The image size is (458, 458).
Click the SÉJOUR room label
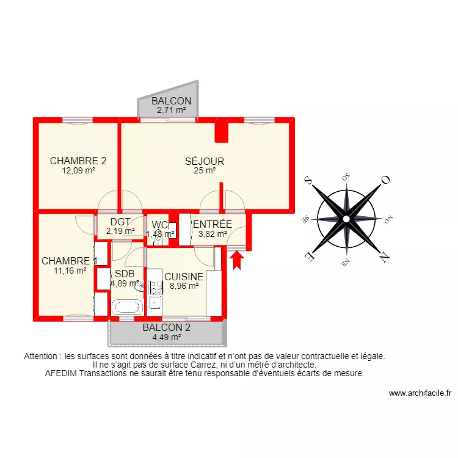pos(205,162)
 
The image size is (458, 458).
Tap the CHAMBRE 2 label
pos(78,161)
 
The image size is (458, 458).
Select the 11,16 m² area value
pos(68,271)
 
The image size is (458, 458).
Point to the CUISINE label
pos(184,277)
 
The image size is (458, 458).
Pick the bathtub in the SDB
pos(127,307)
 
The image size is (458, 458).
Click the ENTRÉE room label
pos(213,224)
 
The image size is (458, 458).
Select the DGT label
pos(120,222)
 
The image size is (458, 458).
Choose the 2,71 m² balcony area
pos(171,111)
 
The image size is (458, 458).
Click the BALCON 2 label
pos(167,327)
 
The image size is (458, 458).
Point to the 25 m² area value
pos(205,171)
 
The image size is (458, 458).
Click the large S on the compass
pos(308,180)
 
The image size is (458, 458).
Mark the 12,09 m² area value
pos(78,170)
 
